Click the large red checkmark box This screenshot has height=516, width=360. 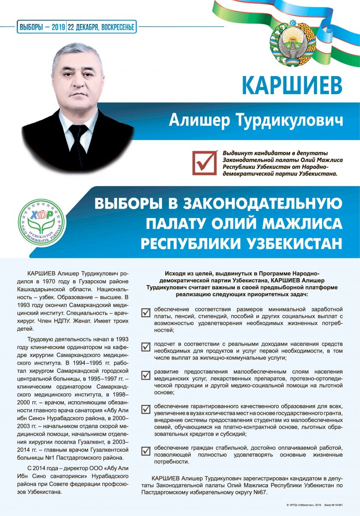pos(204,163)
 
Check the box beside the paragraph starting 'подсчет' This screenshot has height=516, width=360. pos(146,345)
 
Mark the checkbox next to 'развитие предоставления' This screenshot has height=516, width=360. pos(146,375)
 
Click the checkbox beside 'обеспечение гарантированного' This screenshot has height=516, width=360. pos(146,408)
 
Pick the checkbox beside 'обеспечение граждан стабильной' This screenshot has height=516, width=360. pos(146,451)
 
